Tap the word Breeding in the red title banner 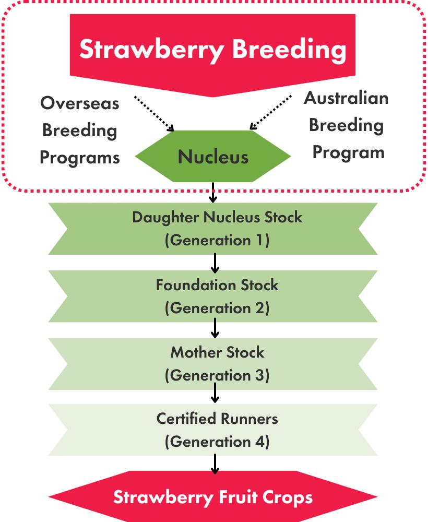[x=289, y=49]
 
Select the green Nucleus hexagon [x=213, y=156]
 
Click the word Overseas [x=80, y=103]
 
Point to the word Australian [x=346, y=98]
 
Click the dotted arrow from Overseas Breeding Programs [x=154, y=113]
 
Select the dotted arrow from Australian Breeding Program [x=270, y=112]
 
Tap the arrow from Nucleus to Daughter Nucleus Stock [x=213, y=193]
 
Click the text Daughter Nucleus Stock [x=217, y=217]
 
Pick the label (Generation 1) [x=217, y=240]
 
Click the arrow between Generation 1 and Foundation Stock [x=215, y=263]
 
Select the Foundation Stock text [x=217, y=286]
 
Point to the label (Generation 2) [x=217, y=309]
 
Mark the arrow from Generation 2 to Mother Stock [x=215, y=328]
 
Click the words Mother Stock [x=217, y=352]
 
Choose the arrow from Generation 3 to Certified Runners [x=215, y=393]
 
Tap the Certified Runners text [x=217, y=419]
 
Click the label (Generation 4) [x=217, y=442]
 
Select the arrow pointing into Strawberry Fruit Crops [x=215, y=464]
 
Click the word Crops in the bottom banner [x=288, y=498]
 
